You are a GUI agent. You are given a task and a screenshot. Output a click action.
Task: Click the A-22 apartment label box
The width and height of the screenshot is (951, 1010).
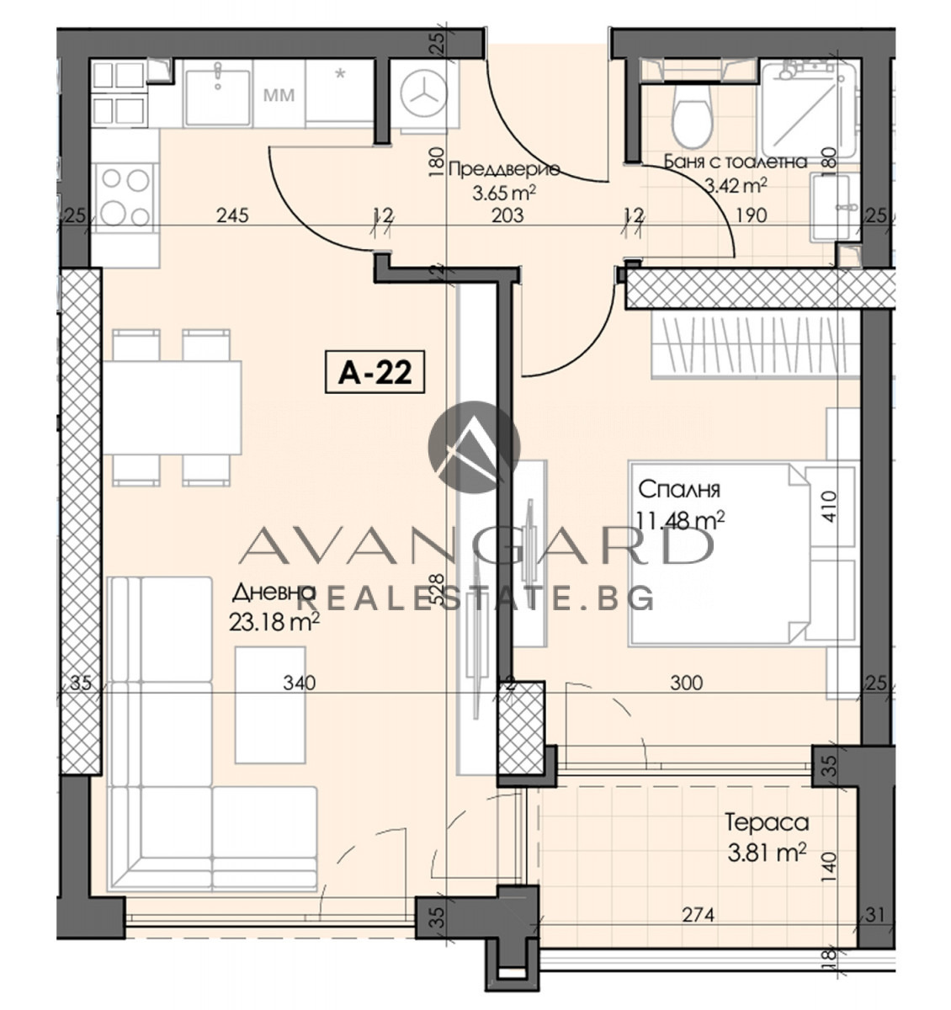tap(375, 372)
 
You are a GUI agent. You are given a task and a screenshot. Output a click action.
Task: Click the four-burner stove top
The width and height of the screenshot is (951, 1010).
tap(125, 197)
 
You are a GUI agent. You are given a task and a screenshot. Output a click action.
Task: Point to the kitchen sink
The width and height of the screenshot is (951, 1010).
tap(218, 97)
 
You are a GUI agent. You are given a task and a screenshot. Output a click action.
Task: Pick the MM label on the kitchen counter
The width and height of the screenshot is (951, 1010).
tap(279, 95)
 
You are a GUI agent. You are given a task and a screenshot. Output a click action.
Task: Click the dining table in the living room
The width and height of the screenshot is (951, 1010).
tap(172, 408)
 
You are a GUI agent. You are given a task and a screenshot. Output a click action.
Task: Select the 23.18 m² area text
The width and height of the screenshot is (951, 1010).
tap(274, 621)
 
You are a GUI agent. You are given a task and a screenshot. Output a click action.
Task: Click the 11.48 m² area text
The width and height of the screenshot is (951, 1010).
tap(681, 520)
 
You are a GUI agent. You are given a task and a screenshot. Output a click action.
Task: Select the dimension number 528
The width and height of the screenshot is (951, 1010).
tap(438, 589)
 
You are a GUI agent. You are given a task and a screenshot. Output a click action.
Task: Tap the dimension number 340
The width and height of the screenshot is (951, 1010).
tap(300, 683)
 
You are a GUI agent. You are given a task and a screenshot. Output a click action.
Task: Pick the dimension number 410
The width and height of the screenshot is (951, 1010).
tap(829, 506)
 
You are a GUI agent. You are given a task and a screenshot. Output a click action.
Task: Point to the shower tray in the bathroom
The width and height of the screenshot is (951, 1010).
tap(808, 109)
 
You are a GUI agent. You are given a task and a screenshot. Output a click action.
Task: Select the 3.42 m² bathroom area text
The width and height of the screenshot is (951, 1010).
tap(736, 186)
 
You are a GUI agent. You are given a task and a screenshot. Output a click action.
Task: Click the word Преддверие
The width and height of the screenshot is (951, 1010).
tap(504, 169)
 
